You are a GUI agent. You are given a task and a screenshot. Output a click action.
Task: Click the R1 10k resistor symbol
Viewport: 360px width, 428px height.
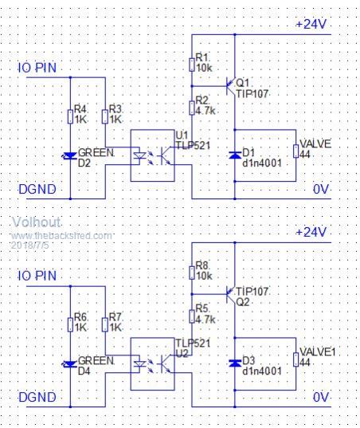192,65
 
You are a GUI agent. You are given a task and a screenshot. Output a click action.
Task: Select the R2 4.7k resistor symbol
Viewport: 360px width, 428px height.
192,108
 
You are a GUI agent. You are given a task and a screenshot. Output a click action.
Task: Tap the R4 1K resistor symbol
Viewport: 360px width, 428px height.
70,117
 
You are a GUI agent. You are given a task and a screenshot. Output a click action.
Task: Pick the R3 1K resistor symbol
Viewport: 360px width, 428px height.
105,117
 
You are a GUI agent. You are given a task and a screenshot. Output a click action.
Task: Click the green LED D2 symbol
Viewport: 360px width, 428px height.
70,156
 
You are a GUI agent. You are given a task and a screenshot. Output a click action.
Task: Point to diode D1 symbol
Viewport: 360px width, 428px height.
234,155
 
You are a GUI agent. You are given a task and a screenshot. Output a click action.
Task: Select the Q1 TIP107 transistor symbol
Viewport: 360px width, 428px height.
231,86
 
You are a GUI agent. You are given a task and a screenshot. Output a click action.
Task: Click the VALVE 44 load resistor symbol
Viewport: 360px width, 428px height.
296,151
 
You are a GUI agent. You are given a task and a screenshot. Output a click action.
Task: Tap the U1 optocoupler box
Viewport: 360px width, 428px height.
152,155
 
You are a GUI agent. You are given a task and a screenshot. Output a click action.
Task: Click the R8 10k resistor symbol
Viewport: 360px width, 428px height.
192,273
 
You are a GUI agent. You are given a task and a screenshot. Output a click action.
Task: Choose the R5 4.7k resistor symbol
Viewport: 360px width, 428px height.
192,316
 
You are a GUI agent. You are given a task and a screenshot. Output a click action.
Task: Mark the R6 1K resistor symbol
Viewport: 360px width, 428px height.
70,325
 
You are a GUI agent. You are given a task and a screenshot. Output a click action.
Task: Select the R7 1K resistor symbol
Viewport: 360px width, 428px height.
105,325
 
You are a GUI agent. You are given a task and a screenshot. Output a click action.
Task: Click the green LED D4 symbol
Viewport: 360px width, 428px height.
70,364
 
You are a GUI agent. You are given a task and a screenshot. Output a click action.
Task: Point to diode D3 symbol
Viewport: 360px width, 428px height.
234,363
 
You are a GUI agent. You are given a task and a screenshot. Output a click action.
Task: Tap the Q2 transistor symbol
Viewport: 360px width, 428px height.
231,295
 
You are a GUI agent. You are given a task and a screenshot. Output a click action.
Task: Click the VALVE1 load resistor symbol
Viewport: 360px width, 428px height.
296,359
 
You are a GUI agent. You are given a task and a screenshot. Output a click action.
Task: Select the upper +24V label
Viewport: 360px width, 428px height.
311,24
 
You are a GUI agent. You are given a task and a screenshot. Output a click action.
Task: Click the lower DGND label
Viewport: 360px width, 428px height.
37,397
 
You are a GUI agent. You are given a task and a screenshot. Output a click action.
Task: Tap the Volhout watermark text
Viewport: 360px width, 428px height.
37,222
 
